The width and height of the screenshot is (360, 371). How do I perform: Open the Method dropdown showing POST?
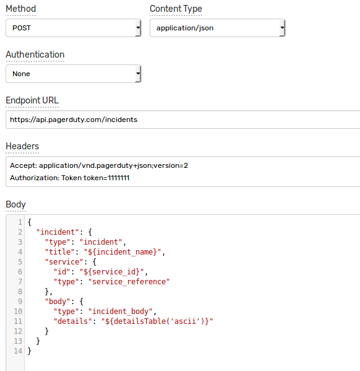point(73,28)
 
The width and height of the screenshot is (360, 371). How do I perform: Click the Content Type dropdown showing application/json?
point(217,28)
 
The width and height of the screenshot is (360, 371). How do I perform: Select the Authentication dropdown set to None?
point(73,74)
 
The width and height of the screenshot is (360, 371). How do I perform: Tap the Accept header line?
point(99,165)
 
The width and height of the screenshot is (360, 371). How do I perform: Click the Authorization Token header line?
point(69,178)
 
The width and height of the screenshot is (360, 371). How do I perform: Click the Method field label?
point(21,9)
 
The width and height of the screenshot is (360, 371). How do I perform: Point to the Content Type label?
point(176,9)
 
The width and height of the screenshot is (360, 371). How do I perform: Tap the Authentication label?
point(35,55)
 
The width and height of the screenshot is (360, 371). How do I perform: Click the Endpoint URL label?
point(32,100)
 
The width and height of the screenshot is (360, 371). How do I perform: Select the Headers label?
point(22,146)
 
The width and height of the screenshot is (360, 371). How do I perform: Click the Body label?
point(15,204)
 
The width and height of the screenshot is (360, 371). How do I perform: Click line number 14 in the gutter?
point(18,351)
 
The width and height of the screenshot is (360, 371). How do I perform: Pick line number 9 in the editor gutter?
point(20,301)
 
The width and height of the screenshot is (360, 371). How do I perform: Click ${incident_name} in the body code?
point(122,251)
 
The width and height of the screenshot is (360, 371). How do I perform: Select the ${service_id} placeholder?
point(111,272)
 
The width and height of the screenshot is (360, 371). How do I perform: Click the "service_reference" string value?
point(129,282)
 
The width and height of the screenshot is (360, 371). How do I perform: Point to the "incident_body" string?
point(120,312)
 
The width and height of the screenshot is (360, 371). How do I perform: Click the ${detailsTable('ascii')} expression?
point(157,321)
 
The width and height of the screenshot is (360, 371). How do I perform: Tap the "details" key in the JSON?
point(72,321)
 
